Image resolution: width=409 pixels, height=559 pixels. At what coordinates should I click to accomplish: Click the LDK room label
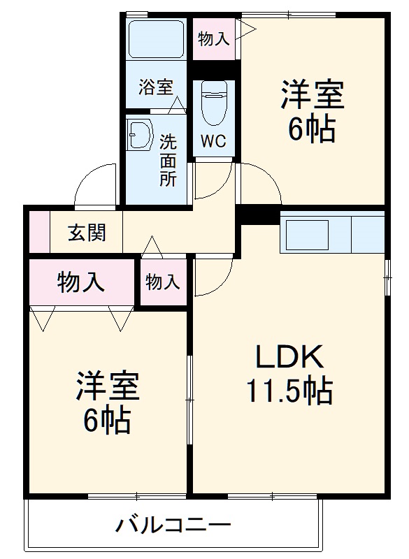click(x=288, y=358)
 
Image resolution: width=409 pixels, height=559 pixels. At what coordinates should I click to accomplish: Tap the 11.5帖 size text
click(x=288, y=392)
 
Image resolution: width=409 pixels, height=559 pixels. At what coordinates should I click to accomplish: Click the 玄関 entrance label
click(x=87, y=233)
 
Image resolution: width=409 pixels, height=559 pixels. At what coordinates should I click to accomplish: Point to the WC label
click(x=213, y=140)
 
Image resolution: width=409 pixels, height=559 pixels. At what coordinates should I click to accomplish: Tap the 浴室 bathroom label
click(x=155, y=87)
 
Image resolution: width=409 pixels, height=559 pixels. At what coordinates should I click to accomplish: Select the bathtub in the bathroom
click(x=155, y=41)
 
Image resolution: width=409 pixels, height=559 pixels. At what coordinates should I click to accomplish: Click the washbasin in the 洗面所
click(x=139, y=135)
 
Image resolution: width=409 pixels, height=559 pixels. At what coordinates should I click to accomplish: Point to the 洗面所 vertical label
click(x=168, y=159)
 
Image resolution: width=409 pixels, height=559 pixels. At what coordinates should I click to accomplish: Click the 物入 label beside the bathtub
click(x=213, y=38)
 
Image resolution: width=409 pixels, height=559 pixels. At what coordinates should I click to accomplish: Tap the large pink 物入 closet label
click(x=80, y=282)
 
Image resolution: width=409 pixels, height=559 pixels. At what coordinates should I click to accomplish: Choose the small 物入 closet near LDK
click(x=163, y=282)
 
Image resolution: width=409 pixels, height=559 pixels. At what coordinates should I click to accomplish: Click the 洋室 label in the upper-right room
click(x=313, y=96)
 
